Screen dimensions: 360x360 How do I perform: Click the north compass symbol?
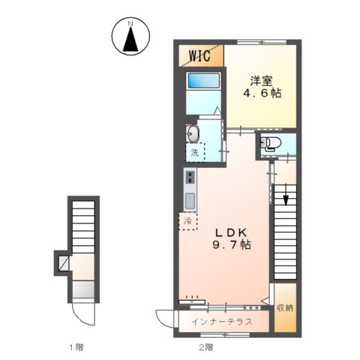[x=130, y=37]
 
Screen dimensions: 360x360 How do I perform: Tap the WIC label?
[x=199, y=55]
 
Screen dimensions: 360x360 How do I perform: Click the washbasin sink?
[x=194, y=133]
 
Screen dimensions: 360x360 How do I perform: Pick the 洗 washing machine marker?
[x=194, y=153]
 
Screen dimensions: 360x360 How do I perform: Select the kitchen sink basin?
[x=190, y=201]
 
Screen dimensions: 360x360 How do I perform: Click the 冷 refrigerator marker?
[x=189, y=221]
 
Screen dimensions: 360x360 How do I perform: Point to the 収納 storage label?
[x=284, y=307]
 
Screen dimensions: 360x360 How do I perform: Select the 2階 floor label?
[x=205, y=346]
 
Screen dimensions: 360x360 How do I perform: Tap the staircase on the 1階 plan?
[x=83, y=225]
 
